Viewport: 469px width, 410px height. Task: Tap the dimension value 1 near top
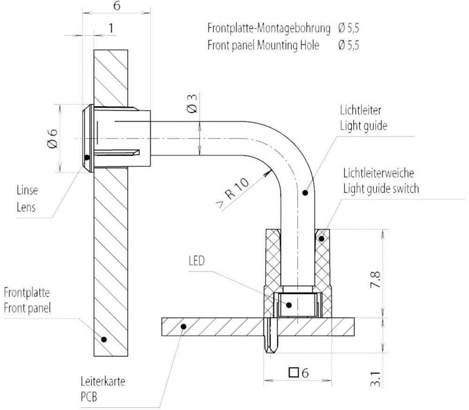pyautogui.click(x=111, y=28)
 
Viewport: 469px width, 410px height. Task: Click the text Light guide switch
pyautogui.click(x=381, y=189)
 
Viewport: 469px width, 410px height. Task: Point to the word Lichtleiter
pyautogui.click(x=360, y=111)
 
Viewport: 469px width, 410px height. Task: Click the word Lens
pyautogui.click(x=25, y=207)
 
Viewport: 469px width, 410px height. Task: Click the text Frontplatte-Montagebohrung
pyautogui.click(x=269, y=28)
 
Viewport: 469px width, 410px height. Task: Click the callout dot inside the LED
pyautogui.click(x=289, y=305)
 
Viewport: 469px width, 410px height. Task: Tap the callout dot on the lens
pyautogui.click(x=87, y=157)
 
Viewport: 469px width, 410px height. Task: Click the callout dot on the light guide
pyautogui.click(x=304, y=193)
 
